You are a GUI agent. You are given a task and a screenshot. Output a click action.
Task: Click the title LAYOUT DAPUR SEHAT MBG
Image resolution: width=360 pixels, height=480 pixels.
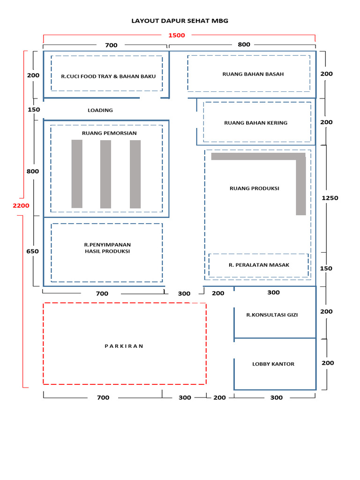point(180,21)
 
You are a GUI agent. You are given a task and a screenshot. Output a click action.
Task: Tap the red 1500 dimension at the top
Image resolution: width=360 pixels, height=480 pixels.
point(177,35)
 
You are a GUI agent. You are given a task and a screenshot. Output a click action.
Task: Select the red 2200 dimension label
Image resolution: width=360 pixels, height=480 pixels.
point(21,205)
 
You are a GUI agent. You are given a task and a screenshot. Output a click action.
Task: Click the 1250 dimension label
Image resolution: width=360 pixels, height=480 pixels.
point(330,198)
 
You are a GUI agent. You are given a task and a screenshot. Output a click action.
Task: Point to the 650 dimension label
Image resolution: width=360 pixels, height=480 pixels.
point(33,251)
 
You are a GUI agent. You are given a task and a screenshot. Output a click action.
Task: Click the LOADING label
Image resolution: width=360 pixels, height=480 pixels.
point(100,110)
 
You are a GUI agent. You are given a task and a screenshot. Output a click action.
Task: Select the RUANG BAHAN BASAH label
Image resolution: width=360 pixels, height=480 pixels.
point(253,74)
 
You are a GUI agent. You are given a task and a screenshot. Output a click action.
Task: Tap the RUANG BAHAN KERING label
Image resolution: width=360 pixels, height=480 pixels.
point(255,123)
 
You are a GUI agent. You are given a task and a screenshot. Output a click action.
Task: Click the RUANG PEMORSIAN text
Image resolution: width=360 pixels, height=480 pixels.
point(109,133)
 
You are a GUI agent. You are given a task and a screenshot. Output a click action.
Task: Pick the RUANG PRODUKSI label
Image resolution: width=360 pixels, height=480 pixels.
point(254,188)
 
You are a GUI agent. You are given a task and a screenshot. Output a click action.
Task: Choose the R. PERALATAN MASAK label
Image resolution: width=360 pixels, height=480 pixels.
point(259,265)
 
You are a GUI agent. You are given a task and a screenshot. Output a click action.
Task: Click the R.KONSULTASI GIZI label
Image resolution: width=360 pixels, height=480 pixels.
point(272,315)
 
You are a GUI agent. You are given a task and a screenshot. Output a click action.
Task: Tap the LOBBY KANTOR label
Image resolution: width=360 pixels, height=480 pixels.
point(273,364)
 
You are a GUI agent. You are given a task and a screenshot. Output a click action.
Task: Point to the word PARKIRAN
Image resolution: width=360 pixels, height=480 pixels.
point(124,346)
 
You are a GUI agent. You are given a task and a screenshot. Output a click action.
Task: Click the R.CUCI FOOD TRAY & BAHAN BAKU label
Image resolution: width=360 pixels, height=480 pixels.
point(108,76)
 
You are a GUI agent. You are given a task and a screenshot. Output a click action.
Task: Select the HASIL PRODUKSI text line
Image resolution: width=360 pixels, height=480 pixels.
point(107,251)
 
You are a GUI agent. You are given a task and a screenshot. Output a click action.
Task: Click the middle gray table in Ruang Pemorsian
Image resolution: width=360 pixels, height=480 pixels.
point(105,174)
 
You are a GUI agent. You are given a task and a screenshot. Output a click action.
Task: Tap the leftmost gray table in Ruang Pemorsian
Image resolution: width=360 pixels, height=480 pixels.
point(77,174)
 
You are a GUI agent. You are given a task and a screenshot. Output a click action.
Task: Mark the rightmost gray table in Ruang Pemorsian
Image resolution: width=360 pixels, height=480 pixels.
point(135,174)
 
